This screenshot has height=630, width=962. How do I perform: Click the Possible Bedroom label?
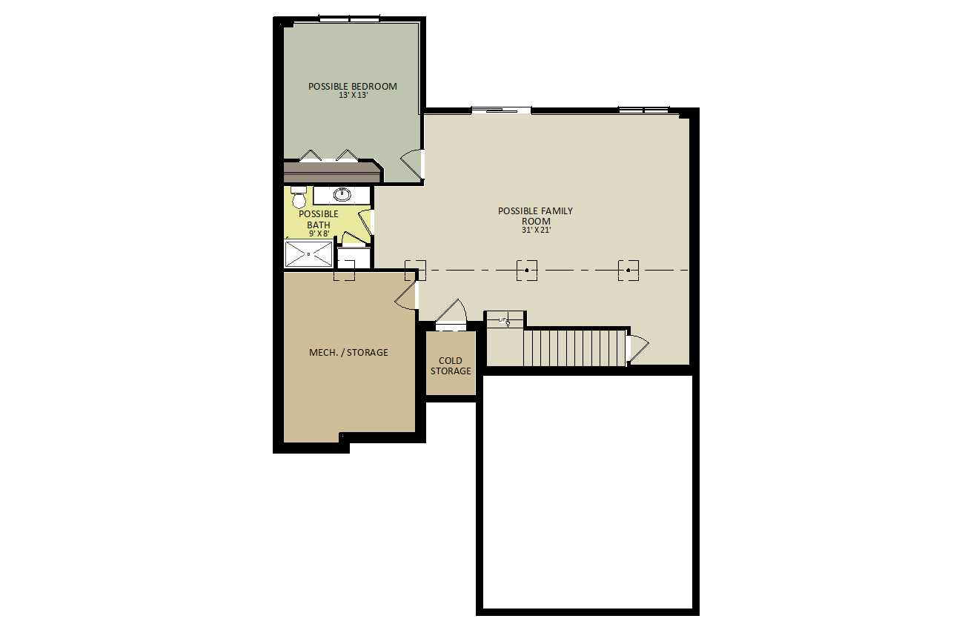pyautogui.click(x=353, y=86)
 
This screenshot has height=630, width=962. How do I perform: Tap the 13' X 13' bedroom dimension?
pyautogui.click(x=353, y=96)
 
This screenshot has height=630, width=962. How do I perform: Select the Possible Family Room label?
pyautogui.click(x=536, y=216)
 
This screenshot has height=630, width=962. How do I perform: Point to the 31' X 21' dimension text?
pyautogui.click(x=536, y=231)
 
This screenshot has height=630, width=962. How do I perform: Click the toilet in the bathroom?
pyautogui.click(x=299, y=197)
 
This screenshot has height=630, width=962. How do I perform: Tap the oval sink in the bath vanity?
pyautogui.click(x=342, y=194)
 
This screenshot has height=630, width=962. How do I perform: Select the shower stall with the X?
pyautogui.click(x=309, y=254)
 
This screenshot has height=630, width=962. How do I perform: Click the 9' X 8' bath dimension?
pyautogui.click(x=319, y=234)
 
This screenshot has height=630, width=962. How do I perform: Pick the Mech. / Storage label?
pyautogui.click(x=348, y=353)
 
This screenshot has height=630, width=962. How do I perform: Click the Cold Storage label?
pyautogui.click(x=451, y=366)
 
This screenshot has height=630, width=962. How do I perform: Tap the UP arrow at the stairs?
pyautogui.click(x=505, y=320)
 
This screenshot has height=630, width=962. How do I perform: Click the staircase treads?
pyautogui.click(x=574, y=348)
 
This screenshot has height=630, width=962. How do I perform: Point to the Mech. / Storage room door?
pyautogui.click(x=404, y=296)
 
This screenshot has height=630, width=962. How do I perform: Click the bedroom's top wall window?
pyautogui.click(x=349, y=19)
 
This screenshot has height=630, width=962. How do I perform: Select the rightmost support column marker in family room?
pyautogui.click(x=628, y=271)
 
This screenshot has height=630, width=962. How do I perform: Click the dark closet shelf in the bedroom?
pyautogui.click(x=333, y=172)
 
